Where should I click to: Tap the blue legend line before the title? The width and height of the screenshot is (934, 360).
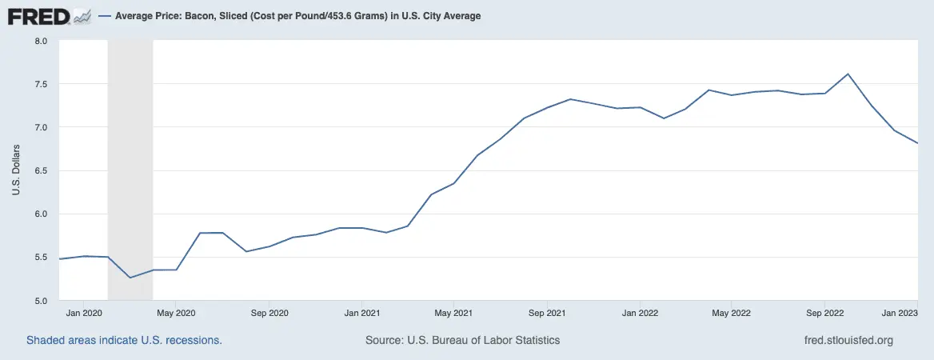point(105,16)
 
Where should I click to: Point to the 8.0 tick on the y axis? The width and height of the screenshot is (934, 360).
point(42,41)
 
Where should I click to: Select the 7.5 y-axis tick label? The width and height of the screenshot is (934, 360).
point(42,84)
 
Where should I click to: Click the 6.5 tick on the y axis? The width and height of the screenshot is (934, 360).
point(42,170)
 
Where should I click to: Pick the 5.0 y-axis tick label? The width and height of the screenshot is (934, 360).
point(42,301)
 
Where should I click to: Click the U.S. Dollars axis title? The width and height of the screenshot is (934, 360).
point(16,170)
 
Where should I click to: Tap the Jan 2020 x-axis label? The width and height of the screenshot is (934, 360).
point(83,313)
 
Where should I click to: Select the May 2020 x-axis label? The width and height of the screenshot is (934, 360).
point(176,313)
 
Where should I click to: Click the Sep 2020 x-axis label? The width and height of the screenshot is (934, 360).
point(269,313)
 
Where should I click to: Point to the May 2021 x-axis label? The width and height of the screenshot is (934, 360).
point(453,313)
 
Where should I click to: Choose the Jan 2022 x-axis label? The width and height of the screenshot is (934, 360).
point(640,313)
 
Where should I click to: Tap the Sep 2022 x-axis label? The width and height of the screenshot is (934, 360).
point(825,313)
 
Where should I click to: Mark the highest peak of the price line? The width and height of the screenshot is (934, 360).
point(848,74)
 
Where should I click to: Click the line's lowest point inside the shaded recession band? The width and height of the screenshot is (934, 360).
point(130,278)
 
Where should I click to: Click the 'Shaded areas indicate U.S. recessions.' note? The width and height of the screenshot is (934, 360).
point(124,340)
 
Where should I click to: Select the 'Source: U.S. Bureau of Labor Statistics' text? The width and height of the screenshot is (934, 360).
point(462,340)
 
